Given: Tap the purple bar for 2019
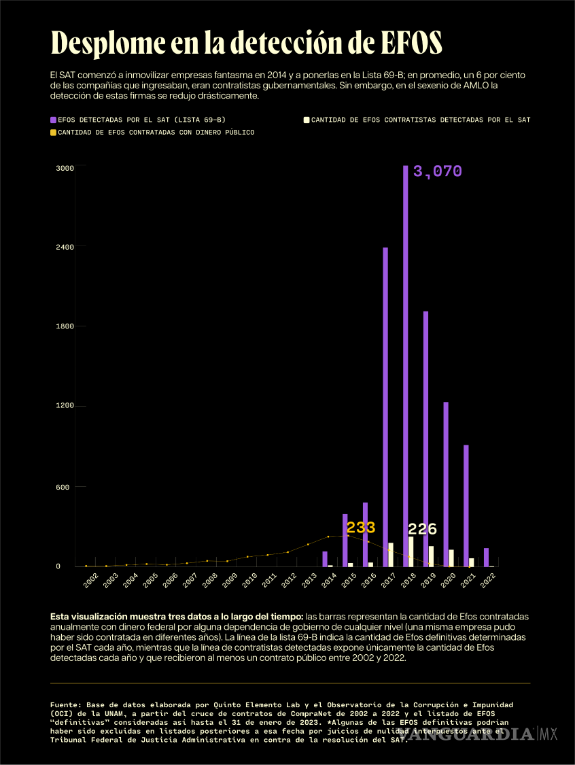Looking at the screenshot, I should tap(425, 439).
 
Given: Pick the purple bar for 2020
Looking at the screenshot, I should tap(446, 483).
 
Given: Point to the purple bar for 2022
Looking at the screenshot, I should tap(486, 557).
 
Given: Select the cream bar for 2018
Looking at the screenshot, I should tap(411, 551).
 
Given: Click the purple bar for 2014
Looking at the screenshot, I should tap(325, 559).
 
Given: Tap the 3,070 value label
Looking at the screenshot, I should tap(437, 171).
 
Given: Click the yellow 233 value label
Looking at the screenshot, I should tap(360, 528).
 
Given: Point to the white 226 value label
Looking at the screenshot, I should tap(422, 529).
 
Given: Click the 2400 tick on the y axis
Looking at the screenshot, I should tap(65, 247).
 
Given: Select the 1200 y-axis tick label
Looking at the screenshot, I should tap(65, 407).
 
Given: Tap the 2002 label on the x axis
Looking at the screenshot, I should tap(90, 580).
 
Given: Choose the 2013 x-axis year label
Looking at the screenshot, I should tap(310, 580).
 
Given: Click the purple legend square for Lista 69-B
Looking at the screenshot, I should tap(53, 120).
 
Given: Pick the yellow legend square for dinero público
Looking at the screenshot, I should tap(53, 133).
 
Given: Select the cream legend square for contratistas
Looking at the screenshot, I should tap(307, 120).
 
